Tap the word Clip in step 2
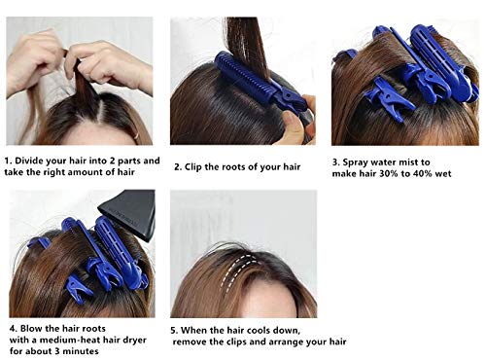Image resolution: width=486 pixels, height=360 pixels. point(199,167)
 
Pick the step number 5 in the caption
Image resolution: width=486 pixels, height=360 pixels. point(173,331)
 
